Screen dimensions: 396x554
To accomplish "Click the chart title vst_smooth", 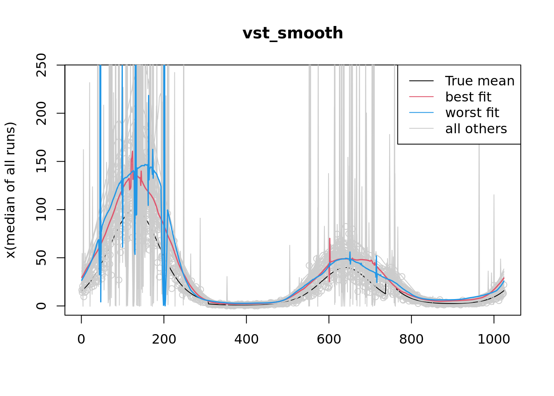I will pyautogui.click(x=293, y=33).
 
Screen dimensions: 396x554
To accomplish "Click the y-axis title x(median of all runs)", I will pyautogui.click(x=10, y=190).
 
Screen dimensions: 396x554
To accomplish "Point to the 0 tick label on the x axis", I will pyautogui.click(x=82, y=339).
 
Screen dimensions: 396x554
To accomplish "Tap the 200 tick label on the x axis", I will pyautogui.click(x=164, y=339).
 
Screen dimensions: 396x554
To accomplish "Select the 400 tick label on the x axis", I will pyautogui.click(x=246, y=339).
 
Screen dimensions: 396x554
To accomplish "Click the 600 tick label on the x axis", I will pyautogui.click(x=329, y=339).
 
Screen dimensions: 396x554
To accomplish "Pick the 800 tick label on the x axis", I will pyautogui.click(x=411, y=339).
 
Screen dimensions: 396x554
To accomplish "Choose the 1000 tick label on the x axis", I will pyautogui.click(x=494, y=339).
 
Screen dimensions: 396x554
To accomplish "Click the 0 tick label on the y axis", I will pyautogui.click(x=41, y=306).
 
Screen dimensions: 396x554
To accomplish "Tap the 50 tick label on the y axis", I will pyautogui.click(x=41, y=258).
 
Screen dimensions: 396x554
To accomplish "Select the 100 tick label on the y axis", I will pyautogui.click(x=41, y=210).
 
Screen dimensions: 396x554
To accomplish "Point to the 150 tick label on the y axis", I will pyautogui.click(x=41, y=161).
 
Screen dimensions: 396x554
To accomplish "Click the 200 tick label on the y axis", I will pyautogui.click(x=41, y=113).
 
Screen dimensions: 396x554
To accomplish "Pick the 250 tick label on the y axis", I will pyautogui.click(x=41, y=65).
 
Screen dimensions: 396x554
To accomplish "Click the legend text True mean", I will pyautogui.click(x=480, y=81).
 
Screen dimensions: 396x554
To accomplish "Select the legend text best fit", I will pyautogui.click(x=468, y=97).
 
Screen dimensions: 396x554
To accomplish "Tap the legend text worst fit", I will pyautogui.click(x=472, y=113).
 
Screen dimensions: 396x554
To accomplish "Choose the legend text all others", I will pyautogui.click(x=476, y=129).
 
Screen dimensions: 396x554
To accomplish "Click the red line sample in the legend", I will pyautogui.click(x=421, y=97).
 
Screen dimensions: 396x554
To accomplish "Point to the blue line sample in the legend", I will pyautogui.click(x=421, y=113).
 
